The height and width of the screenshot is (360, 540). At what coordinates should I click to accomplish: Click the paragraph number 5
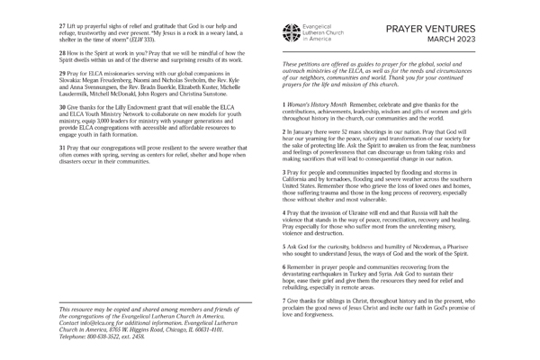tap(284, 246)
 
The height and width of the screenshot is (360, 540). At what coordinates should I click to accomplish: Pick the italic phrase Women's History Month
tap(319, 104)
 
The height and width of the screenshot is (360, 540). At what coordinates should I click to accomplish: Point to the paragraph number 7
tap(284, 299)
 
